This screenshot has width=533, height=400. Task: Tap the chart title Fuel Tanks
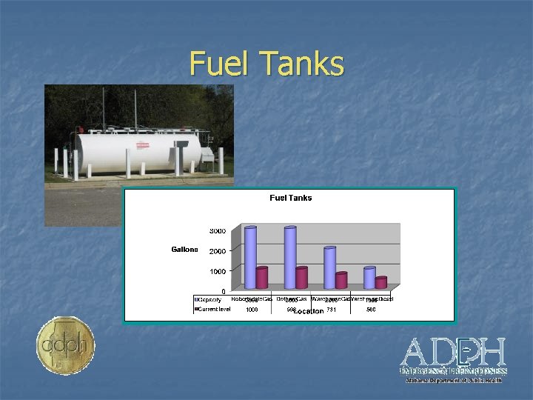pyautogui.click(x=290, y=198)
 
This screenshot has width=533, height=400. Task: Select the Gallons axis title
pyautogui.click(x=184, y=250)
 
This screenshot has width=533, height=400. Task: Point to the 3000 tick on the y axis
pyautogui.click(x=218, y=231)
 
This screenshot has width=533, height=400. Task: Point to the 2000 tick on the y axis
pyautogui.click(x=218, y=252)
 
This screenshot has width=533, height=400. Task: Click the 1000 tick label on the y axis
pyautogui.click(x=218, y=272)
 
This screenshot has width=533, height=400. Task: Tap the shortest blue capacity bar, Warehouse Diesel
pyautogui.click(x=369, y=277)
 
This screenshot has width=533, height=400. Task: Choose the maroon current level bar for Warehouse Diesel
pyautogui.click(x=381, y=282)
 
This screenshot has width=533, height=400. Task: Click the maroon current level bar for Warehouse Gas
pyautogui.click(x=341, y=280)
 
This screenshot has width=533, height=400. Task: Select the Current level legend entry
pyautogui.click(x=213, y=309)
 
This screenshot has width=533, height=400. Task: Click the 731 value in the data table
pyautogui.click(x=331, y=310)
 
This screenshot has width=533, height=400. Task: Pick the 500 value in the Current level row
pyautogui.click(x=371, y=310)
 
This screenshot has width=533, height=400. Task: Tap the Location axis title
pyautogui.click(x=308, y=311)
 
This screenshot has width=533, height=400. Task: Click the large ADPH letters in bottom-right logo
pyautogui.click(x=453, y=351)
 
